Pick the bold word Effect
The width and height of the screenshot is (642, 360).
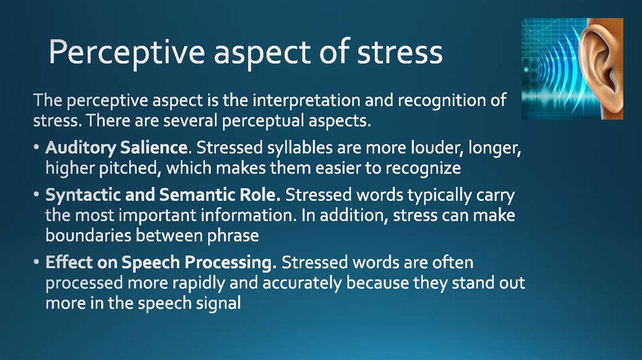click(x=65, y=262)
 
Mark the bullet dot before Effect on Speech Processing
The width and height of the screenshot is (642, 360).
click(x=38, y=263)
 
